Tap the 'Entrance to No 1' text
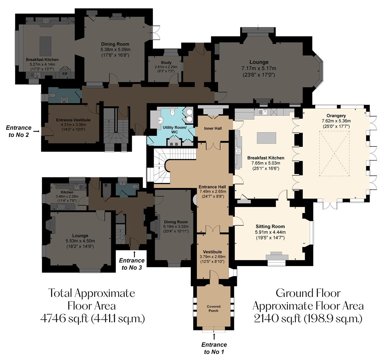(214, 348)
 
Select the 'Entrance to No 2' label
(19, 131)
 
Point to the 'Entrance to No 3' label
(132, 264)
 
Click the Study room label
(166, 62)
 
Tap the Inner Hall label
(213, 128)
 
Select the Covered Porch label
(214, 308)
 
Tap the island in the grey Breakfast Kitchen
(45, 47)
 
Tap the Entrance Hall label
(212, 187)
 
